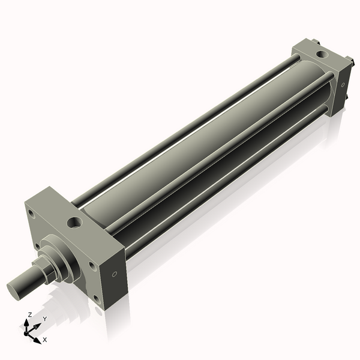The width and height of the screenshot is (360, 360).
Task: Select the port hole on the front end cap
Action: tap(74, 223)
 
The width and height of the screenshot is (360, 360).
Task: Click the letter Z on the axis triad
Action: tap(30, 314)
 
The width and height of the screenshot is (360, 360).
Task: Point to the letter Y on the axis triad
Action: tap(44, 318)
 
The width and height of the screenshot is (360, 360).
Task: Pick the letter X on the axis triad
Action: tap(45, 340)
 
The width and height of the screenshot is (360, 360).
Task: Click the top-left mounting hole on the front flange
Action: tap(30, 212)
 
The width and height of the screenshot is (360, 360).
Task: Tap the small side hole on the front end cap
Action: tap(113, 274)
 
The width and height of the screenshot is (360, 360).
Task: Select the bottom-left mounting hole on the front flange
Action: tap(38, 246)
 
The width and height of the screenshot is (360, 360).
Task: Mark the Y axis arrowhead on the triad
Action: tap(38, 325)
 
